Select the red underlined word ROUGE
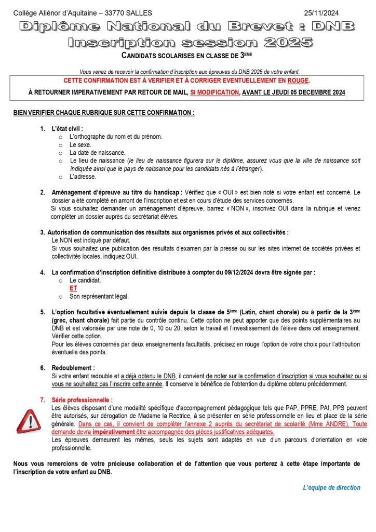[x=298, y=81]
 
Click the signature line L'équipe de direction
[x=331, y=487]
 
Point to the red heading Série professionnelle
[x=82, y=400]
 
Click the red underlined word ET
[x=73, y=288]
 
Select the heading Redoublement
[x=73, y=368]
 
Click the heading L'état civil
[x=67, y=128]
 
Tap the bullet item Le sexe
[x=80, y=144]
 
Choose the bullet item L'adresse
[x=83, y=176]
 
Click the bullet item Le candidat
[x=85, y=280]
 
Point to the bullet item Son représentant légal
[x=99, y=296]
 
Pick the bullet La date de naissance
[x=97, y=153]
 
